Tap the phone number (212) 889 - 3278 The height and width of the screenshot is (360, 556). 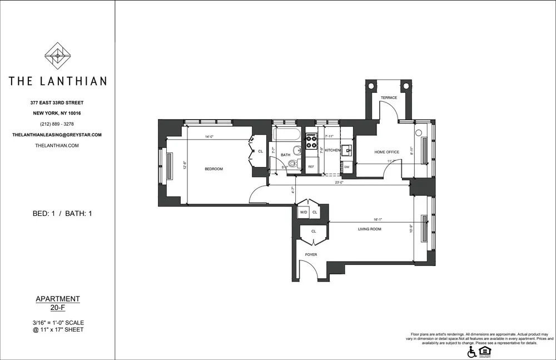point(57,124)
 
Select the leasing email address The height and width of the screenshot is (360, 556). point(57,135)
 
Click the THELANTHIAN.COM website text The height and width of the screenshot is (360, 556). point(57,145)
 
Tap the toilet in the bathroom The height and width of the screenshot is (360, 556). point(293,163)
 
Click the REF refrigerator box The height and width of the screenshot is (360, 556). point(311,166)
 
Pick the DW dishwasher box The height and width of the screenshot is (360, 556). point(346,166)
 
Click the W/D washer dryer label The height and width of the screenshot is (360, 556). point(304,212)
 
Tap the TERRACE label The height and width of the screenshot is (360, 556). point(389,98)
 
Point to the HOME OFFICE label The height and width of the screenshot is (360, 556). point(386,152)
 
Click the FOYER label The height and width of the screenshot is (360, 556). point(311,255)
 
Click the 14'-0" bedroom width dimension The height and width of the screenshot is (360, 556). point(209,137)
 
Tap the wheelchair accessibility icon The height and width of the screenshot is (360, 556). point(472,352)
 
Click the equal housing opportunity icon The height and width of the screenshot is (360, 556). point(485,351)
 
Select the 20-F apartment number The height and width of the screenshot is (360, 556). point(57,308)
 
